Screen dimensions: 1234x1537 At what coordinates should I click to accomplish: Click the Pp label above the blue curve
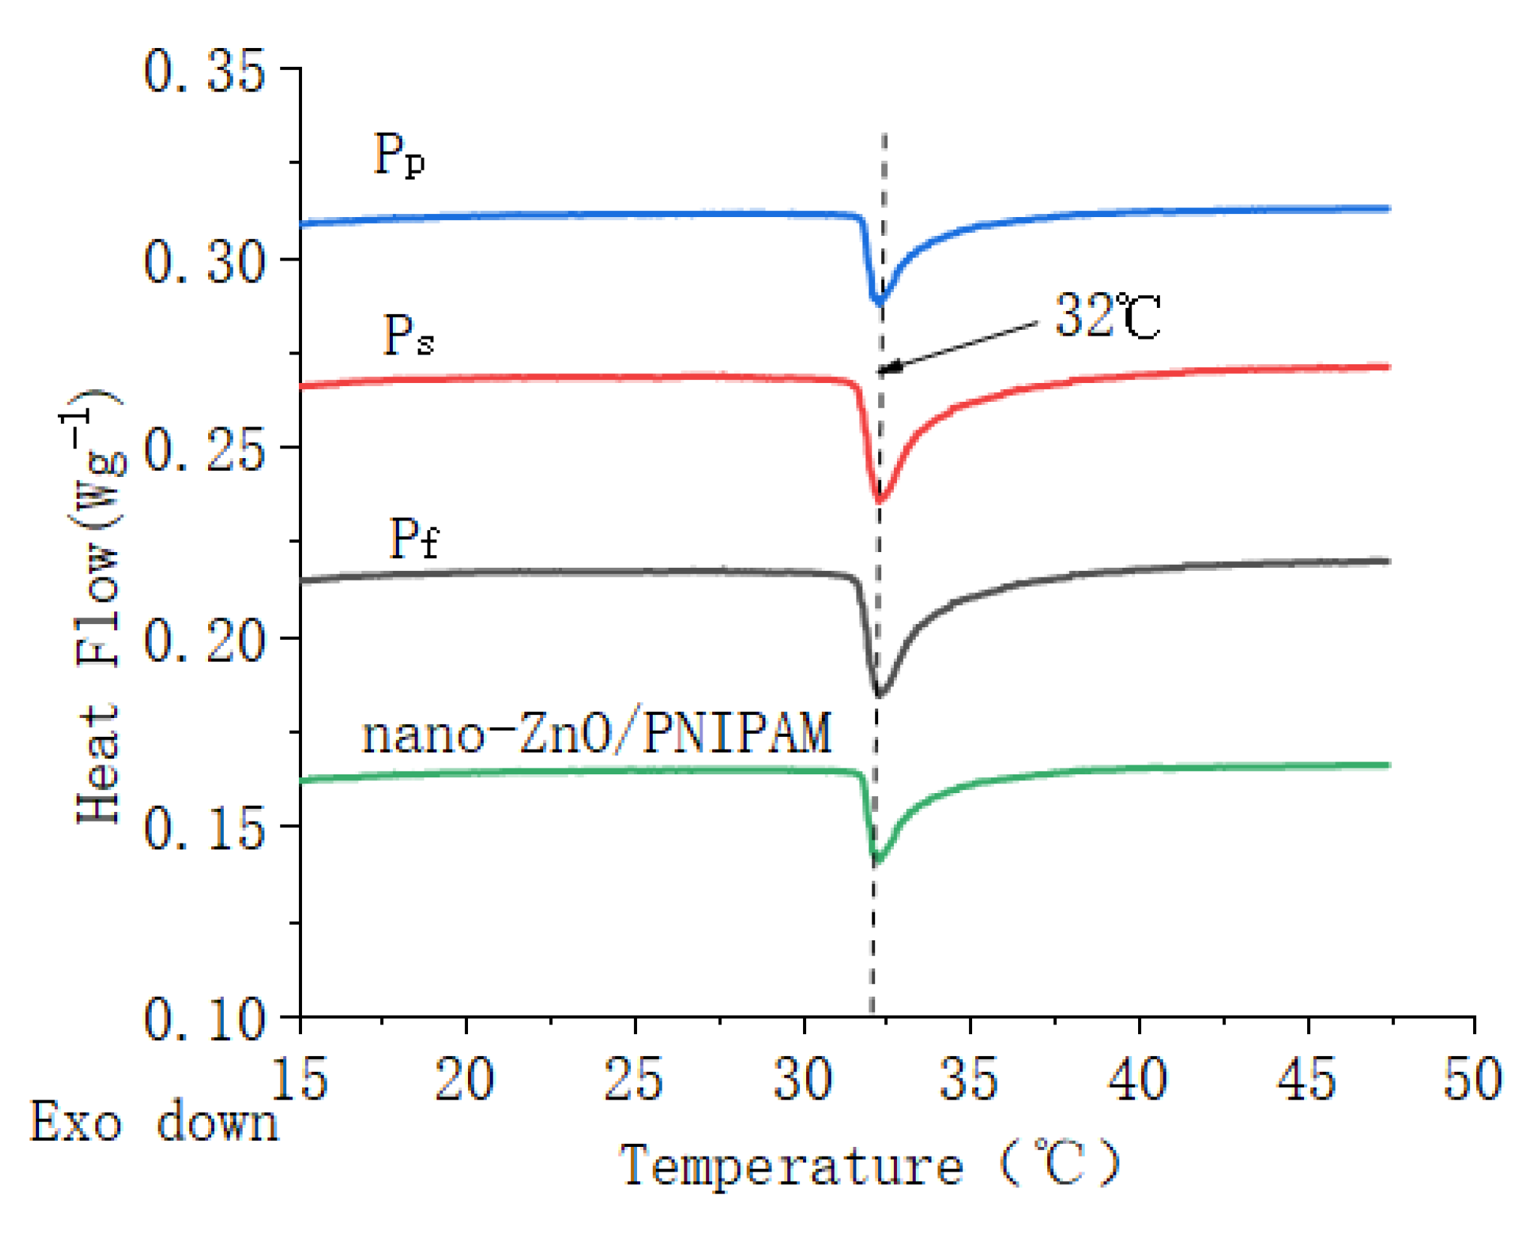pos(399,155)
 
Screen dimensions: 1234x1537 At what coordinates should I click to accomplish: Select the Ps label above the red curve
pos(408,334)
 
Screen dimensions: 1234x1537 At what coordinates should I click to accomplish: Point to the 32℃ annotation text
pos(1107,315)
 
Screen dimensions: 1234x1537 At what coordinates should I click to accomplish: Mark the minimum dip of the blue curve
pos(878,301)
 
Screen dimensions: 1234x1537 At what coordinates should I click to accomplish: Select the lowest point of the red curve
pos(879,499)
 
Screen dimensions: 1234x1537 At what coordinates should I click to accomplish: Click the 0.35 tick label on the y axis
pos(204,71)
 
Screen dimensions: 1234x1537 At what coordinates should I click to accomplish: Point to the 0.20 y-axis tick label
pos(204,641)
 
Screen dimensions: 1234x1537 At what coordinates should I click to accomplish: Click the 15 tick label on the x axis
pos(299,1079)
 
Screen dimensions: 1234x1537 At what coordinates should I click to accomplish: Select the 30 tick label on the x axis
pos(802,1079)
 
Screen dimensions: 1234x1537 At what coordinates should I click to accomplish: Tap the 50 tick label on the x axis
pos(1472,1079)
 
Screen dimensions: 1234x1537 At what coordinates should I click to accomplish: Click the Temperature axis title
pos(869,1165)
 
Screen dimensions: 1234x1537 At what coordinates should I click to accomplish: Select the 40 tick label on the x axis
pos(1137,1079)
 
